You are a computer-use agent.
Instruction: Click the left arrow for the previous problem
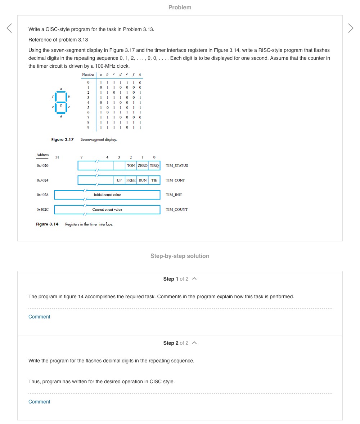click(x=9, y=28)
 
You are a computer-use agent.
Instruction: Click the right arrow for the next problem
click(x=351, y=28)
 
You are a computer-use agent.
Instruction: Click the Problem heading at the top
click(x=180, y=8)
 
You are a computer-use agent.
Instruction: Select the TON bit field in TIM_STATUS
click(x=131, y=166)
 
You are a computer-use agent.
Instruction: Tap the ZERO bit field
click(x=143, y=166)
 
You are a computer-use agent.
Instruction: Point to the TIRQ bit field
click(x=154, y=166)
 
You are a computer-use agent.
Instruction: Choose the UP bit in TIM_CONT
click(x=119, y=180)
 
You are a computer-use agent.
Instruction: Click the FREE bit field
click(x=131, y=180)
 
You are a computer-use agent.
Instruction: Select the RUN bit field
click(x=143, y=180)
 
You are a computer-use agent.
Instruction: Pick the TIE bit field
click(x=154, y=180)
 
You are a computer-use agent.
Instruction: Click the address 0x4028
click(x=42, y=195)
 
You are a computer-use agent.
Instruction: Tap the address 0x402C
click(x=42, y=209)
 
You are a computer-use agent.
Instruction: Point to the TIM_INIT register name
click(x=174, y=195)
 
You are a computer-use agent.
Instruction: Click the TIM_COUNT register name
click(x=176, y=209)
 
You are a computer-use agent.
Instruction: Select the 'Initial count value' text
click(x=107, y=195)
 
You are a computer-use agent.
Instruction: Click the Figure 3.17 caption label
click(x=62, y=139)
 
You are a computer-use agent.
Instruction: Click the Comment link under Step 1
click(x=39, y=317)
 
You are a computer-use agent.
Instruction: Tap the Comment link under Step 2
click(x=39, y=402)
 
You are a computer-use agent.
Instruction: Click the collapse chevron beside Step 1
click(x=194, y=279)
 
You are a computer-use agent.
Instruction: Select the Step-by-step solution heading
click(x=180, y=256)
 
